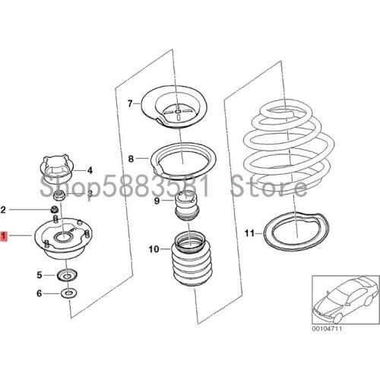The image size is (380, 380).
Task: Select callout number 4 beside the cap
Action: pyautogui.click(x=89, y=170)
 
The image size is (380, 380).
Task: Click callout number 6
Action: pyautogui.click(x=40, y=293)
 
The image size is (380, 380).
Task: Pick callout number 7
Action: pyautogui.click(x=129, y=103)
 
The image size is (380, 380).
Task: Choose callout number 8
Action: pyautogui.click(x=130, y=159)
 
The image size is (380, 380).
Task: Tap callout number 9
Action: pyautogui.click(x=157, y=201)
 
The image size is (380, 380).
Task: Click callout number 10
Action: pyautogui.click(x=153, y=249)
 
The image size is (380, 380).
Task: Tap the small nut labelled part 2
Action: pyautogui.click(x=55, y=208)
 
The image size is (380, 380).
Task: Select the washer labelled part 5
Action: pyautogui.click(x=65, y=274)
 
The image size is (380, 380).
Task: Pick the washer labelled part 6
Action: pyautogui.click(x=68, y=293)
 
